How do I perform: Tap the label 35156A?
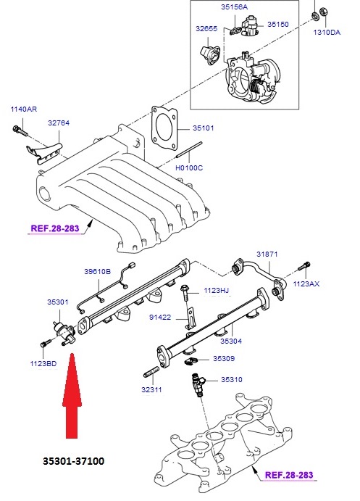[234, 7]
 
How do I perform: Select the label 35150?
[277, 24]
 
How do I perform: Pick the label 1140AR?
[23, 109]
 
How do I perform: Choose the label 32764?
[59, 124]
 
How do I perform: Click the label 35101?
[204, 129]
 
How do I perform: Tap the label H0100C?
[190, 168]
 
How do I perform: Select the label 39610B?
[96, 271]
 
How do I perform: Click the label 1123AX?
[305, 283]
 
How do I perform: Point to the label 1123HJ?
[216, 290]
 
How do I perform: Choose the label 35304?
[230, 339]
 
